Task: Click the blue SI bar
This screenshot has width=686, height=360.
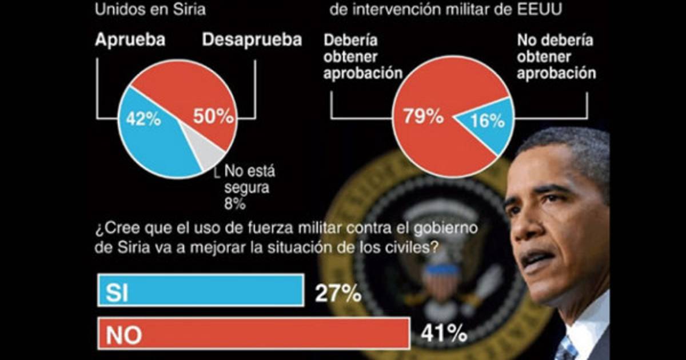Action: point(200,291)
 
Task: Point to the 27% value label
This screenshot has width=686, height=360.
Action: point(338,293)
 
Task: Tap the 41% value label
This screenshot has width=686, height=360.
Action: point(444,334)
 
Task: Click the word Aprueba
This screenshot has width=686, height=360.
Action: point(131,41)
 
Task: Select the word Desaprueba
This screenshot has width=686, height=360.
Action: point(252,41)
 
